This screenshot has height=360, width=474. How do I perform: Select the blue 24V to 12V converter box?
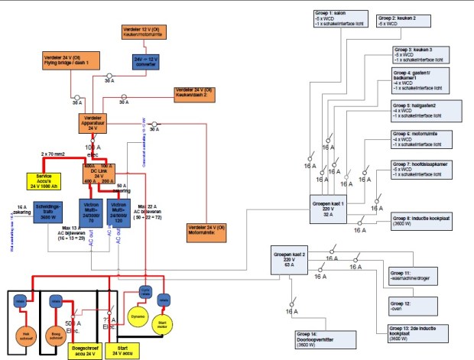[x=150, y=60]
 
